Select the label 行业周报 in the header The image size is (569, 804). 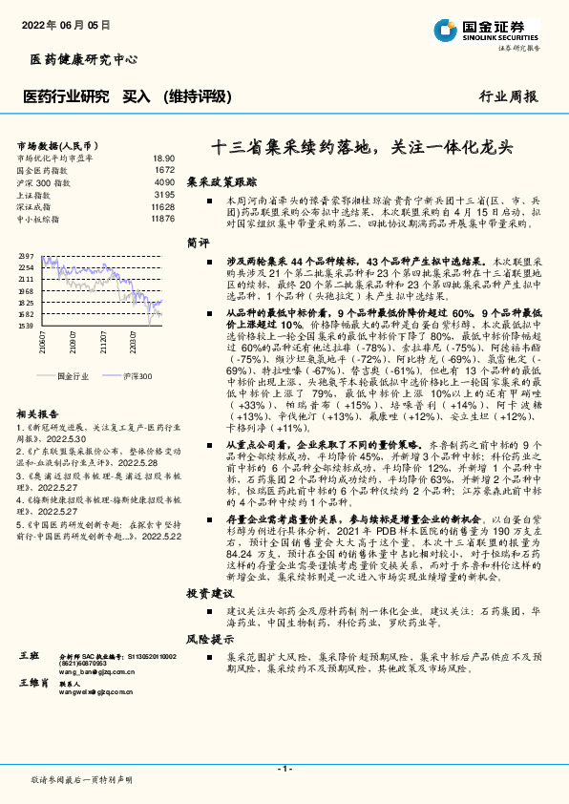tap(509, 96)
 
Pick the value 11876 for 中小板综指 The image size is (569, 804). tap(162, 219)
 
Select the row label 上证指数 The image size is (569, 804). tap(36, 194)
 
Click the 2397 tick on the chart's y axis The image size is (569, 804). tap(26, 256)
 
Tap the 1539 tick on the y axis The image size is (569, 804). tap(26, 326)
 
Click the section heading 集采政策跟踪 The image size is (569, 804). tap(221, 180)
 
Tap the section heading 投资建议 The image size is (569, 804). tap(208, 593)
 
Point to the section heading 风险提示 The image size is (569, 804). tap(208, 639)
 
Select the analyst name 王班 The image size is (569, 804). tap(29, 657)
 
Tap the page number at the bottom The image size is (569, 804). tap(284, 769)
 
